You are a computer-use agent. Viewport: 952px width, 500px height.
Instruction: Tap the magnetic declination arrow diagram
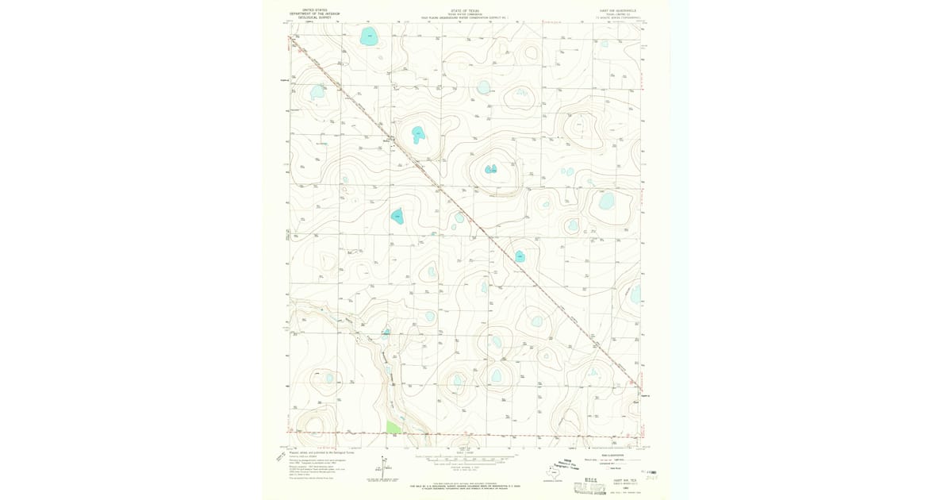386,467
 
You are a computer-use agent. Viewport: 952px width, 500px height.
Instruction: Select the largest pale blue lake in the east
607,202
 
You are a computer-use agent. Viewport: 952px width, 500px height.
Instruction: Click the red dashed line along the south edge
476,435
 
